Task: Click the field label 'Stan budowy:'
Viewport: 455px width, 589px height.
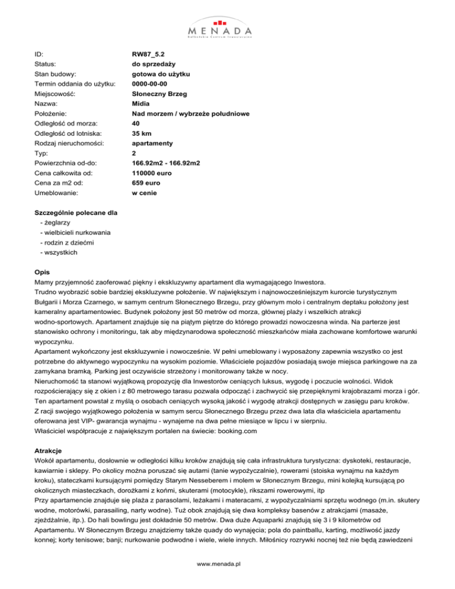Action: coord(56,74)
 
